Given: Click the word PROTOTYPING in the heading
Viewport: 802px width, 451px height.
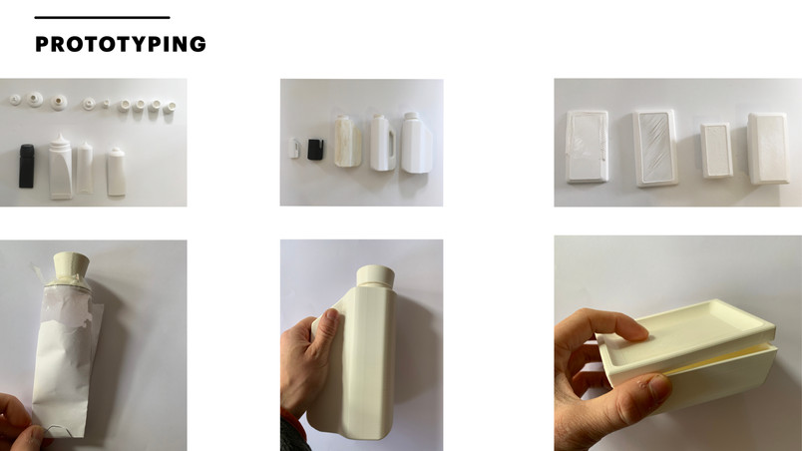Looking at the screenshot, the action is point(120,44).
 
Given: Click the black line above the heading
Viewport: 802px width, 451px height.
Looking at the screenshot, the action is point(103,17).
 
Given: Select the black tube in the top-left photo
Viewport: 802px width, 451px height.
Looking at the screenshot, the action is point(27,167).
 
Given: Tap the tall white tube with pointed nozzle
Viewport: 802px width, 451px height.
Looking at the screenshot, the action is point(61,167).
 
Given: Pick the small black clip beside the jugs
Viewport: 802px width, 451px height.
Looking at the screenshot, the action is point(315,150).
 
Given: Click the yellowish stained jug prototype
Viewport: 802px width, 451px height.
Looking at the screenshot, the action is point(347,141).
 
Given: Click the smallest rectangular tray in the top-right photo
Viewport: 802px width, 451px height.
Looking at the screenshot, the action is point(716,150).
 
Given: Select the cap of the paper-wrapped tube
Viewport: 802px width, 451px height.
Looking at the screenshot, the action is point(72,265).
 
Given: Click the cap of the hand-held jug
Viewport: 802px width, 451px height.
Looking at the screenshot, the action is point(375,275).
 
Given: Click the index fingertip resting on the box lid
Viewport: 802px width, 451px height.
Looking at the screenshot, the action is point(635,333).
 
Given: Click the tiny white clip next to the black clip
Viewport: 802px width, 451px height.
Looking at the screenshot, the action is point(294,148).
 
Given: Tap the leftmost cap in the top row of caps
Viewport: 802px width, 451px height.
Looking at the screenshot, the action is point(15,99).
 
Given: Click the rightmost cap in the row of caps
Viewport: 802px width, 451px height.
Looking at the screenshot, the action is point(170,107).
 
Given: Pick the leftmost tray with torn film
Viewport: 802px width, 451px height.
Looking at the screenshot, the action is point(588,147).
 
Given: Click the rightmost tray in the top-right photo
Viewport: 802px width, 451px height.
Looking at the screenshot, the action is point(767,149).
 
